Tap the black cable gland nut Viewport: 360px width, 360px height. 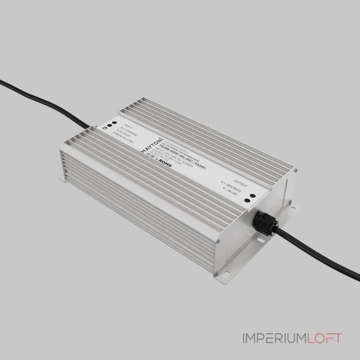point(263,223)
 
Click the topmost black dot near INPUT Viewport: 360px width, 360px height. point(114,122)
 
